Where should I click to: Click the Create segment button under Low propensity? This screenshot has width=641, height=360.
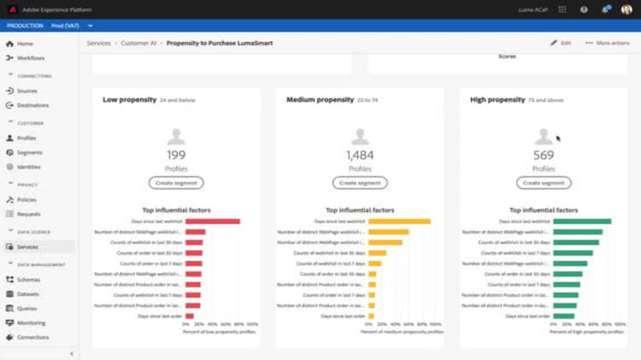click(175, 183)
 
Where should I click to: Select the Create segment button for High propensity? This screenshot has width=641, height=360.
click(544, 183)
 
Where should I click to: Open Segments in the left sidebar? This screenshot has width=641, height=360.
click(29, 152)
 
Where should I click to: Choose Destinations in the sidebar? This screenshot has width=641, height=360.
click(32, 105)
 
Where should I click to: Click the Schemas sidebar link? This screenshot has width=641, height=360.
click(28, 280)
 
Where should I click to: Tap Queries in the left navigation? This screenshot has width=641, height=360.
click(27, 309)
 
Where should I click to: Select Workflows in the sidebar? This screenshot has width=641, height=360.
click(31, 58)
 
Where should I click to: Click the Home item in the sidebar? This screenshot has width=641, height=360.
click(25, 44)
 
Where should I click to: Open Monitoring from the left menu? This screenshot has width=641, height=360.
click(31, 323)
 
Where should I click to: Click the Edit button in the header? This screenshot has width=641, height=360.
click(561, 43)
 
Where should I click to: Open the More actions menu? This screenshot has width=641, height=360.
click(608, 43)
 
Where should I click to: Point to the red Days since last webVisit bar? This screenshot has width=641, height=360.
click(212, 221)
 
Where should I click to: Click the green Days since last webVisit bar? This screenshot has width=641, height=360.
click(582, 221)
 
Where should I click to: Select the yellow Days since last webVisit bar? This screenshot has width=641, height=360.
click(399, 221)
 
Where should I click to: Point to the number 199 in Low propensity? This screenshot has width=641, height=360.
click(176, 156)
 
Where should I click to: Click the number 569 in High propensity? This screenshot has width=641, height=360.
click(544, 156)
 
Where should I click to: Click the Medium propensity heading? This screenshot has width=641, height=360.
click(320, 100)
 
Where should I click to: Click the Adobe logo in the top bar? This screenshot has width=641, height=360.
click(13, 9)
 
